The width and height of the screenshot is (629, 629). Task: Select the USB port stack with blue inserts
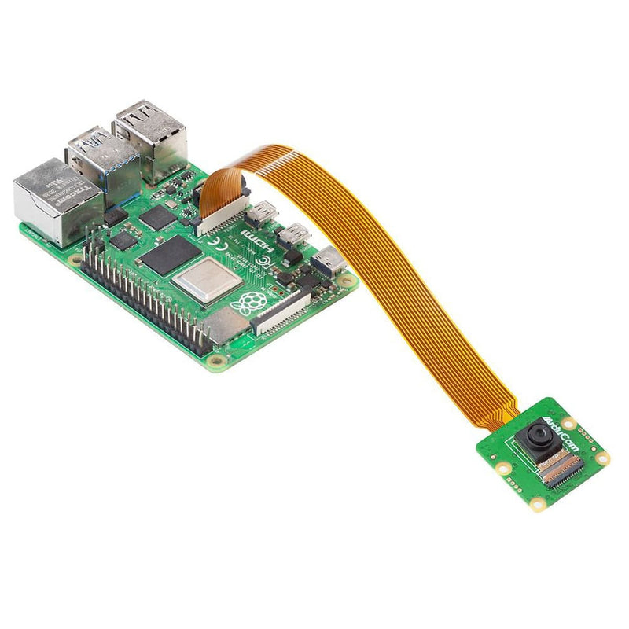point(102,161)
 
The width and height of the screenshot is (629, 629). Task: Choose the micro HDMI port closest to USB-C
point(294,234)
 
